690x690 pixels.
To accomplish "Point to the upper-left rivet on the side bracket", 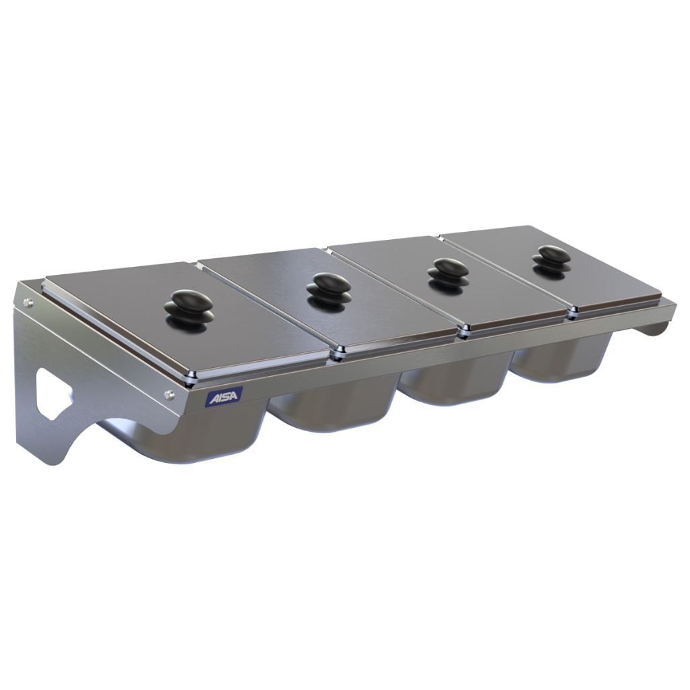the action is point(29,302).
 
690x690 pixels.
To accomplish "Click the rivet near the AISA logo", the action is point(169,394).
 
